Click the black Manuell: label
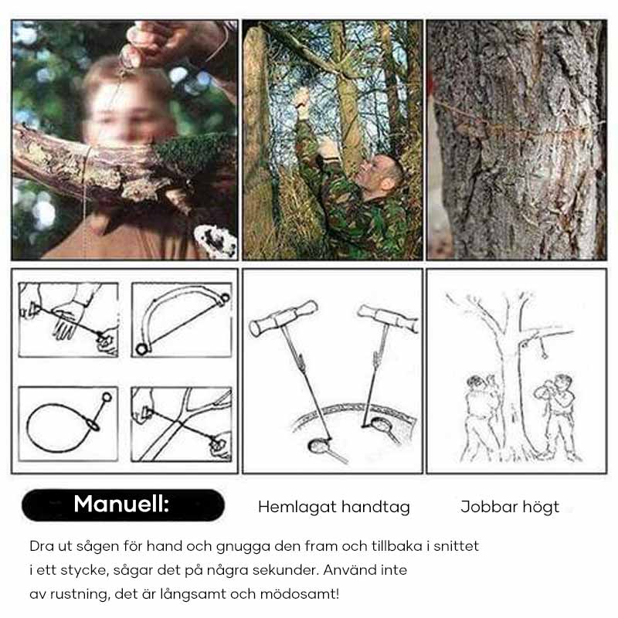tap(122, 504)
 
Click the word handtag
tap(375, 508)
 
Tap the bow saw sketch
tap(182, 319)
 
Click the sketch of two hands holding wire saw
tap(68, 319)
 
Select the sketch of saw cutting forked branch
tap(182, 423)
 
